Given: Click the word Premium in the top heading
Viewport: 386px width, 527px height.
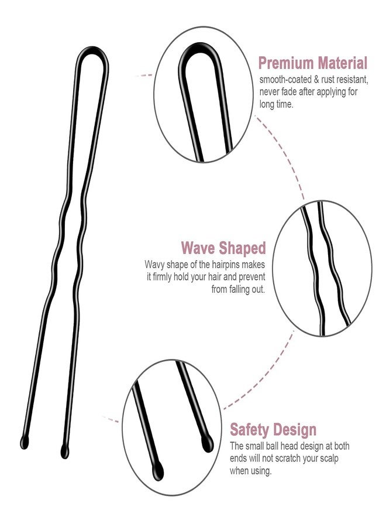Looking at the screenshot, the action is click(285, 63).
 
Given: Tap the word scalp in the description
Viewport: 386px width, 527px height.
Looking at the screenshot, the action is click(327, 458).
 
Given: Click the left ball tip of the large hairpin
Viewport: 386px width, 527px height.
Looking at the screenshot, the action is click(25, 442).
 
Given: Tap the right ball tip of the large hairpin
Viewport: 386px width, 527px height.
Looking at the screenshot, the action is click(65, 451).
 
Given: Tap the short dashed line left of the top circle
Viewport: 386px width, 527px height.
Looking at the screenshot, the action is click(144, 76).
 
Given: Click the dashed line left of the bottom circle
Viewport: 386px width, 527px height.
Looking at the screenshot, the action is click(111, 419).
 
